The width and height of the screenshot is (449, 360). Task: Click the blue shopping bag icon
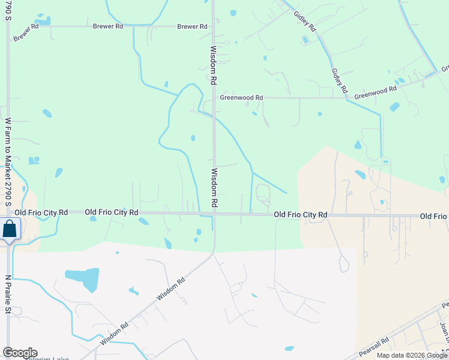(10, 230)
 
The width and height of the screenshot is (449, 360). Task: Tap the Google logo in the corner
(20, 353)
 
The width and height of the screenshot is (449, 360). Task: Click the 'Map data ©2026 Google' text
(412, 355)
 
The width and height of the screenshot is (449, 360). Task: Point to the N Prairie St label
(8, 295)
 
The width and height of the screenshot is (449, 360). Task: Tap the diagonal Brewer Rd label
(25, 34)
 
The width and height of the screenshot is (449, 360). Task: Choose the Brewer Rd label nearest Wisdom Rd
(192, 27)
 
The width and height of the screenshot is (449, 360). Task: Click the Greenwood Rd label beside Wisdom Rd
(241, 97)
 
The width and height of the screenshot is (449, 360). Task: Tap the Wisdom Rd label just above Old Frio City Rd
(214, 188)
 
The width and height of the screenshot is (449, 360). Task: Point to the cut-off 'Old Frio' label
(433, 216)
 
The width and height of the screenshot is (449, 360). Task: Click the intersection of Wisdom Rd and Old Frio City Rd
(214, 214)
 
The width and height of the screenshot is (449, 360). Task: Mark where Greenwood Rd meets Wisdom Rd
(214, 97)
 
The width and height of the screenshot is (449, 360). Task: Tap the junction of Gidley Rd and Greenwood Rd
(346, 98)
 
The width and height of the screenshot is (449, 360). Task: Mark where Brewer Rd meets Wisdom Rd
(213, 26)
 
